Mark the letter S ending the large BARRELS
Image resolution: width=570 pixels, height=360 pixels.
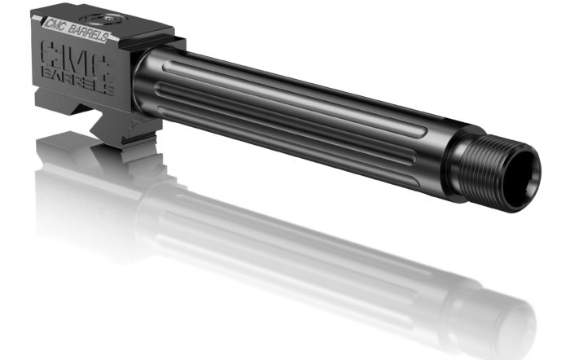[x=109, y=89]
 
